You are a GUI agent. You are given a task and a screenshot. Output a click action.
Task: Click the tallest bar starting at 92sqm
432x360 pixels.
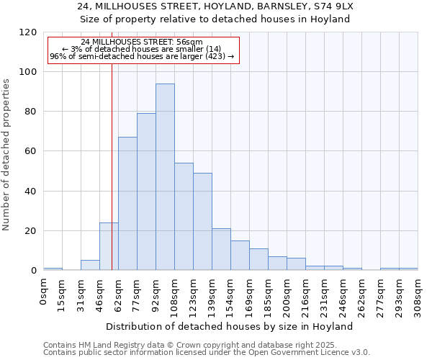coord(165,177)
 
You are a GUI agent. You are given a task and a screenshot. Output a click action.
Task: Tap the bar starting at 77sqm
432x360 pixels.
coord(146,192)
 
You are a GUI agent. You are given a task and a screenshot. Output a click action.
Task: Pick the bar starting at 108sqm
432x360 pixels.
coord(184,217)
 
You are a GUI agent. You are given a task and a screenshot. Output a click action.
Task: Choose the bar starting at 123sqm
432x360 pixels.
coord(202,222)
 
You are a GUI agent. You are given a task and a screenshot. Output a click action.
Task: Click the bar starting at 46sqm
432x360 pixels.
coord(109,246)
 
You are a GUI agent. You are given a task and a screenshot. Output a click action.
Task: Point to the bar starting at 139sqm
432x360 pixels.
coord(221,249)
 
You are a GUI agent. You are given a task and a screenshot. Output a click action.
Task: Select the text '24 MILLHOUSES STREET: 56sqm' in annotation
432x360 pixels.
coord(142,42)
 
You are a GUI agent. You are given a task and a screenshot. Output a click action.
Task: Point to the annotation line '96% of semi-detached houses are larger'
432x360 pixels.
coord(142,56)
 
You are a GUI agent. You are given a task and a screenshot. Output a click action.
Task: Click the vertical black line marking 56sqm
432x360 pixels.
coord(112,166)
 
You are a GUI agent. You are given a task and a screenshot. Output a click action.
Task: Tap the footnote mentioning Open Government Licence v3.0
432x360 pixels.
coord(207,353)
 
